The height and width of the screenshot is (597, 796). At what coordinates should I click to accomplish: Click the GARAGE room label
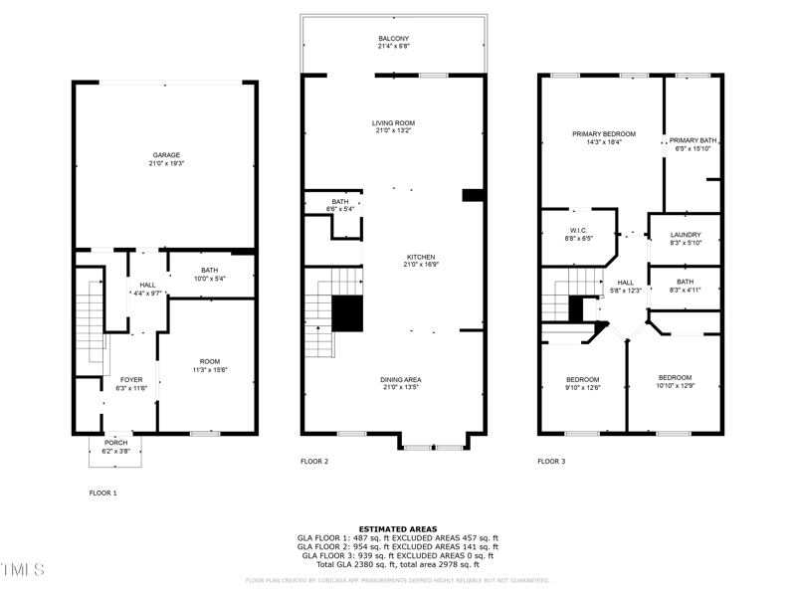[x=166, y=155]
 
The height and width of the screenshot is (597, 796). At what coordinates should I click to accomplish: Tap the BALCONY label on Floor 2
[x=393, y=38]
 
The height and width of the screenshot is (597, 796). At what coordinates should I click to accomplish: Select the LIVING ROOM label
[x=393, y=121]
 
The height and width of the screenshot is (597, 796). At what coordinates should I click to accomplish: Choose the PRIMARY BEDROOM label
[x=603, y=133]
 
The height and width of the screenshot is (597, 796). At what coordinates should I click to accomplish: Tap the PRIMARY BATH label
[x=694, y=140]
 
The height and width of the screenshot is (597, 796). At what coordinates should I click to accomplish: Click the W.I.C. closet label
[x=579, y=230]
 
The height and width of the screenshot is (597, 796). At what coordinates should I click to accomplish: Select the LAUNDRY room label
[x=686, y=235]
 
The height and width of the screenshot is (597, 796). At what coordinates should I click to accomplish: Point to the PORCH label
[x=116, y=443]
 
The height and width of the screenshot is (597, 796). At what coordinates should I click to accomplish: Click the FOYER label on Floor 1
[x=131, y=379]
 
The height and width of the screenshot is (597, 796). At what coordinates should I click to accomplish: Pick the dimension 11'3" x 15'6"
[x=210, y=370]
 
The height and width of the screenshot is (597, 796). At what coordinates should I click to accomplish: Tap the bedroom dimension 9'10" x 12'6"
[x=583, y=388]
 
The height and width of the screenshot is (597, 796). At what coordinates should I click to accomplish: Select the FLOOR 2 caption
[x=314, y=462]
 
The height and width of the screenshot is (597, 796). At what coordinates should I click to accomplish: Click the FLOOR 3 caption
[x=551, y=462]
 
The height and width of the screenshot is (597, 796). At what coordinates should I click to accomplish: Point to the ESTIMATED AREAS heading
[x=397, y=529]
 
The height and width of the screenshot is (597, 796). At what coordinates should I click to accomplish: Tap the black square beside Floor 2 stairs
[x=348, y=313]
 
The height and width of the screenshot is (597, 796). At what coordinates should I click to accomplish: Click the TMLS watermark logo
[x=23, y=569]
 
